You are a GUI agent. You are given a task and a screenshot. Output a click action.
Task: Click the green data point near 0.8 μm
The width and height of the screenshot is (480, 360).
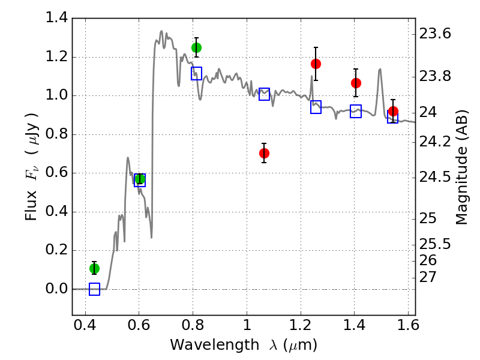point(196,47)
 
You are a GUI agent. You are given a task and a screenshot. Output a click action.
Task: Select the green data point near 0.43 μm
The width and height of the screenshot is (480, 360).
point(94,268)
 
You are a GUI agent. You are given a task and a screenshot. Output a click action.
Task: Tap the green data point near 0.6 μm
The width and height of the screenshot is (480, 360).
point(140,179)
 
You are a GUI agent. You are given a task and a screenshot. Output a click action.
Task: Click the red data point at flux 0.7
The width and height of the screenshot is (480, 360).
point(264,153)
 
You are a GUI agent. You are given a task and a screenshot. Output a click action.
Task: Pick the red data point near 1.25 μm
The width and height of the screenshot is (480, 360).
point(316,64)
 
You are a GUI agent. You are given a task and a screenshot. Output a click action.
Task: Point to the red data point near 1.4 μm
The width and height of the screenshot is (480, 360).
point(356,83)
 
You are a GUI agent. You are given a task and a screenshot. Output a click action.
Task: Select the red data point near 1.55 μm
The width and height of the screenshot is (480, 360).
point(393,111)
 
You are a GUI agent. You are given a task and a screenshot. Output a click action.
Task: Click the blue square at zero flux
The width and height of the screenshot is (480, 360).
point(94,289)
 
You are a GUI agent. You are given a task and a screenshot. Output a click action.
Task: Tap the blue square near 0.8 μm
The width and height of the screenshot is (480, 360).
point(196,73)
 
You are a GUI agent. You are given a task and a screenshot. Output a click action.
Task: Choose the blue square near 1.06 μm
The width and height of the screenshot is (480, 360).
point(264,94)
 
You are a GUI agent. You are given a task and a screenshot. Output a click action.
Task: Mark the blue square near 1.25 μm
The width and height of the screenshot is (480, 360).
point(316,107)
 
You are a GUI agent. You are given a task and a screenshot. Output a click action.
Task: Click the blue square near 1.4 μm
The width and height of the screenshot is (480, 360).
point(356,111)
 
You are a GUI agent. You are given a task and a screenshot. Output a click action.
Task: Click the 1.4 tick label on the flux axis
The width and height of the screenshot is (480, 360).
point(58,18)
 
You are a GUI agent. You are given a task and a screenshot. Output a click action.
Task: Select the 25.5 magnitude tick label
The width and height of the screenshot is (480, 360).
point(435,244)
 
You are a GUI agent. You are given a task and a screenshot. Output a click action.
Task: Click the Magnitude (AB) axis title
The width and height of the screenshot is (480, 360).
point(461,167)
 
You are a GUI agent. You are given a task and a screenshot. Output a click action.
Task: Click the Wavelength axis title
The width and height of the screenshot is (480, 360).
point(243,345)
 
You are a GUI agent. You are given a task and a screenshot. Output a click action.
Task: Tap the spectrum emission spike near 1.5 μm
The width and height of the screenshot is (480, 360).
point(380,70)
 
